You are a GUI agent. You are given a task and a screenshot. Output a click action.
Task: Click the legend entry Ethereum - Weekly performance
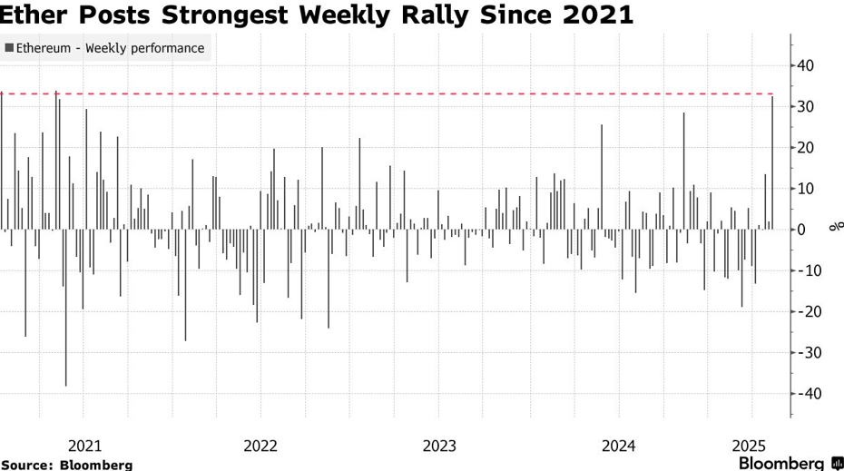coord(105,48)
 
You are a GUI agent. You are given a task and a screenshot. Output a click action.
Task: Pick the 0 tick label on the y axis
coord(802,230)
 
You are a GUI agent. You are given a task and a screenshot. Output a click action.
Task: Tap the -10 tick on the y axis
coord(804,270)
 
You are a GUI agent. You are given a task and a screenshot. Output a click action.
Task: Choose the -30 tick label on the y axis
coord(804,352)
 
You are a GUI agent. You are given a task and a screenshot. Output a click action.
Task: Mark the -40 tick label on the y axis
coord(804,393)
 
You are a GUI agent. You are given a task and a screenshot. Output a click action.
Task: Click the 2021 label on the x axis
coord(84,446)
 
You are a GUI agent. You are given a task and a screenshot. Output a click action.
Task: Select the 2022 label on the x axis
coord(260,446)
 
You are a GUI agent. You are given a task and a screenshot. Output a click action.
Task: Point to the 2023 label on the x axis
coord(440,446)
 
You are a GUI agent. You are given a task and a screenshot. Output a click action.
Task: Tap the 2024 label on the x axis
coord(618,446)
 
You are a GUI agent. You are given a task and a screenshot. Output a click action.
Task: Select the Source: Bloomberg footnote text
coord(66,465)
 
